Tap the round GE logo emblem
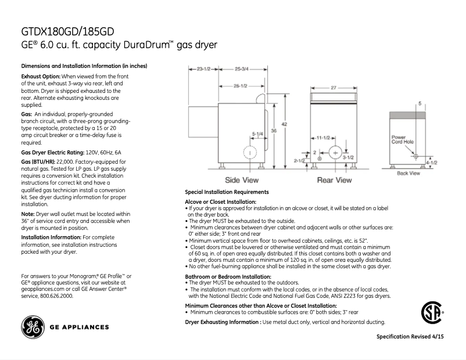(x=33, y=327)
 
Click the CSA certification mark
(x=431, y=314)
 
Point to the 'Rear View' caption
(x=334, y=181)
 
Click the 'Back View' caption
(x=408, y=173)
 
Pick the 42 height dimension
(x=284, y=124)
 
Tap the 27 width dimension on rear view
(x=334, y=88)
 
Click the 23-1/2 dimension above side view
(x=203, y=69)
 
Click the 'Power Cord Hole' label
(x=402, y=139)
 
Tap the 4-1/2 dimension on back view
(x=432, y=163)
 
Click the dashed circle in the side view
(x=249, y=153)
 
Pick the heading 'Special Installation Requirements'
(x=227, y=192)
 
